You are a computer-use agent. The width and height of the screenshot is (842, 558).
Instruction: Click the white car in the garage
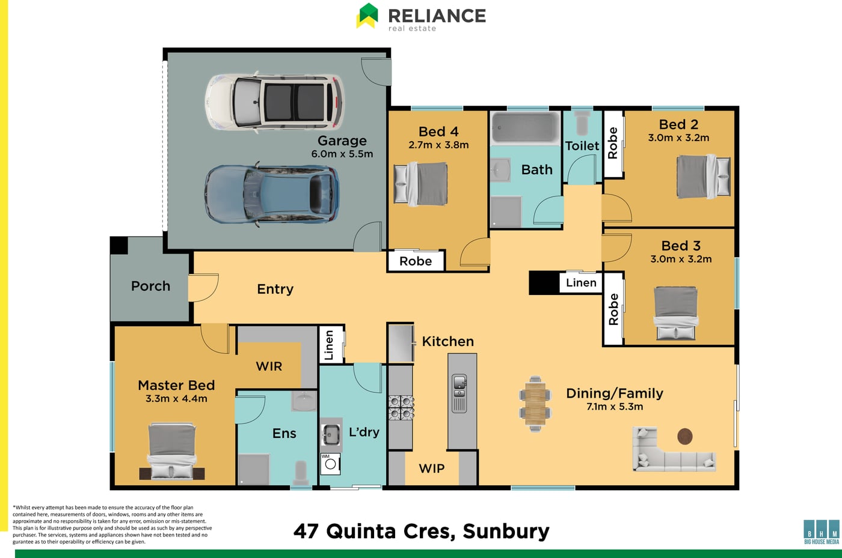click(274, 102)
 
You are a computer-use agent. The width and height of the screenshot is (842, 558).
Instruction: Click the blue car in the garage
click(272, 195)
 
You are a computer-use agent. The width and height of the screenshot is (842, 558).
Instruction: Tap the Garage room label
click(342, 141)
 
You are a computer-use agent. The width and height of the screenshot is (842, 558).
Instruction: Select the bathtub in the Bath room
click(526, 128)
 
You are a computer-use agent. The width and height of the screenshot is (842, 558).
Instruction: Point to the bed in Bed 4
click(420, 184)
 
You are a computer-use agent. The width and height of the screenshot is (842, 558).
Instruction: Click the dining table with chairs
click(535, 404)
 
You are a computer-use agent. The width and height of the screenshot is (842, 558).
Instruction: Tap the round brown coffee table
click(684, 436)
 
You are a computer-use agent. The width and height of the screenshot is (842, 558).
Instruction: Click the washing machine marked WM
click(330, 464)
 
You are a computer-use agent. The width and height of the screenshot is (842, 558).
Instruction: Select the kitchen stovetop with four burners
click(401, 407)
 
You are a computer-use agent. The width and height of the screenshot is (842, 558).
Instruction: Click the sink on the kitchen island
click(459, 387)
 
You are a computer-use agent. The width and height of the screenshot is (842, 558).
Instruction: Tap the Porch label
click(150, 286)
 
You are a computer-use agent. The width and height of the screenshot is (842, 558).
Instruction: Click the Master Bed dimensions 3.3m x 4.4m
click(176, 398)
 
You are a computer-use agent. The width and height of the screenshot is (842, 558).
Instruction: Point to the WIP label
click(432, 469)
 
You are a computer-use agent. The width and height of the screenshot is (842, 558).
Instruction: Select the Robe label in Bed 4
click(416, 261)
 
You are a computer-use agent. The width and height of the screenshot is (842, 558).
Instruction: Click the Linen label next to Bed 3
click(581, 282)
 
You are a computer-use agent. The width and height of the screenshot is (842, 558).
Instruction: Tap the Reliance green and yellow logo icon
click(367, 16)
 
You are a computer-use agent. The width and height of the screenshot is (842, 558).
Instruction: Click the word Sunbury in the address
click(506, 532)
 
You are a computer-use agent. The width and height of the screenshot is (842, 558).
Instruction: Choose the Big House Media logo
click(822, 532)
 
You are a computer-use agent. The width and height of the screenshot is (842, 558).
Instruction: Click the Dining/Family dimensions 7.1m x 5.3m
click(615, 407)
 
